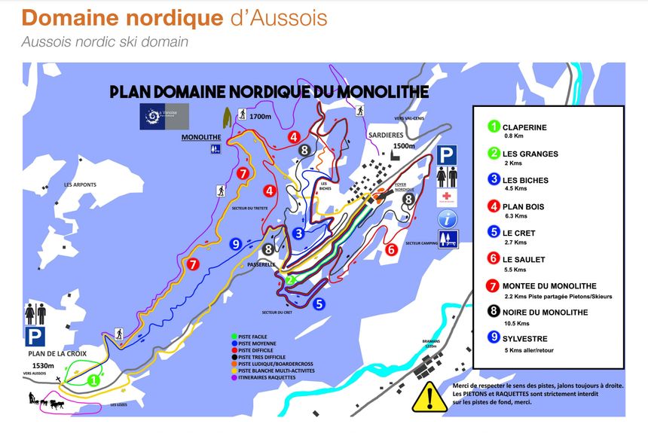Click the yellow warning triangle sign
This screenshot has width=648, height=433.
(431, 396)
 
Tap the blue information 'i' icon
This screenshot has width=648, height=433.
(449, 218)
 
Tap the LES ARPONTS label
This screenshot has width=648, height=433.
(80, 184)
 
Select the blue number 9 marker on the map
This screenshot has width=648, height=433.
(236, 243)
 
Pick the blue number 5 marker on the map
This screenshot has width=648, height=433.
(319, 304)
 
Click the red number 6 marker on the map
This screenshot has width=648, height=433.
(391, 249)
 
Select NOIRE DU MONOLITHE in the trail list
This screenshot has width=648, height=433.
(555, 312)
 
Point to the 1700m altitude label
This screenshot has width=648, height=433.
(260, 117)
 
